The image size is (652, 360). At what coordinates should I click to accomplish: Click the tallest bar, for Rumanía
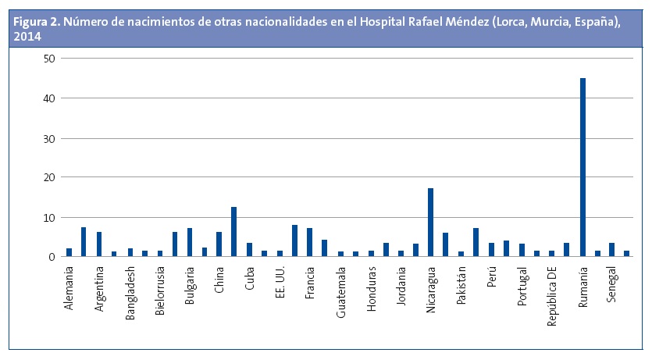pyautogui.click(x=583, y=167)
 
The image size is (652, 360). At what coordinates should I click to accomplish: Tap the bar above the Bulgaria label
pyautogui.click(x=189, y=242)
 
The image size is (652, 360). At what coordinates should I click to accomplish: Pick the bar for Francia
pyautogui.click(x=309, y=242)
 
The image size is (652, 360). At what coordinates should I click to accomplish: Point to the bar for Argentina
pyautogui.click(x=99, y=244)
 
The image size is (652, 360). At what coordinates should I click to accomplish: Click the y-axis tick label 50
pyautogui.click(x=49, y=59)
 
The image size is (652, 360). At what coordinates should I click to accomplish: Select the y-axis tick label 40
pyautogui.click(x=49, y=98)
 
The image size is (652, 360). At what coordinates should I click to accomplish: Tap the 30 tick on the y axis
pyautogui.click(x=49, y=139)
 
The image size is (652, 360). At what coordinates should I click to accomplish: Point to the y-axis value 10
pyautogui.click(x=49, y=218)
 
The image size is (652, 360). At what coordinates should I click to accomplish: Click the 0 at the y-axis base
pyautogui.click(x=52, y=257)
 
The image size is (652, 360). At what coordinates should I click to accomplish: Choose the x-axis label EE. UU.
pyautogui.click(x=280, y=283)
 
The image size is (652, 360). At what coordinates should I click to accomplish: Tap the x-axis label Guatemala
pyautogui.click(x=341, y=290)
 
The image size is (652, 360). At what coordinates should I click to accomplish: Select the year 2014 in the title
pyautogui.click(x=26, y=36)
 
